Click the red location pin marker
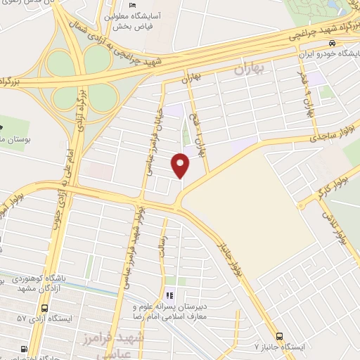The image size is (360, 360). click(x=181, y=166)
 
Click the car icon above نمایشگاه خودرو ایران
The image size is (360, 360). click(x=342, y=43)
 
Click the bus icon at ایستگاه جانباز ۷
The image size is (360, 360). click(x=280, y=337)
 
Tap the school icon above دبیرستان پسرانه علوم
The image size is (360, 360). click(x=169, y=295)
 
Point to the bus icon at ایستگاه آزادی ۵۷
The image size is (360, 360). click(x=46, y=309)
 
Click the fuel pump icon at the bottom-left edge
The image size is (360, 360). click(x=25, y=349)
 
